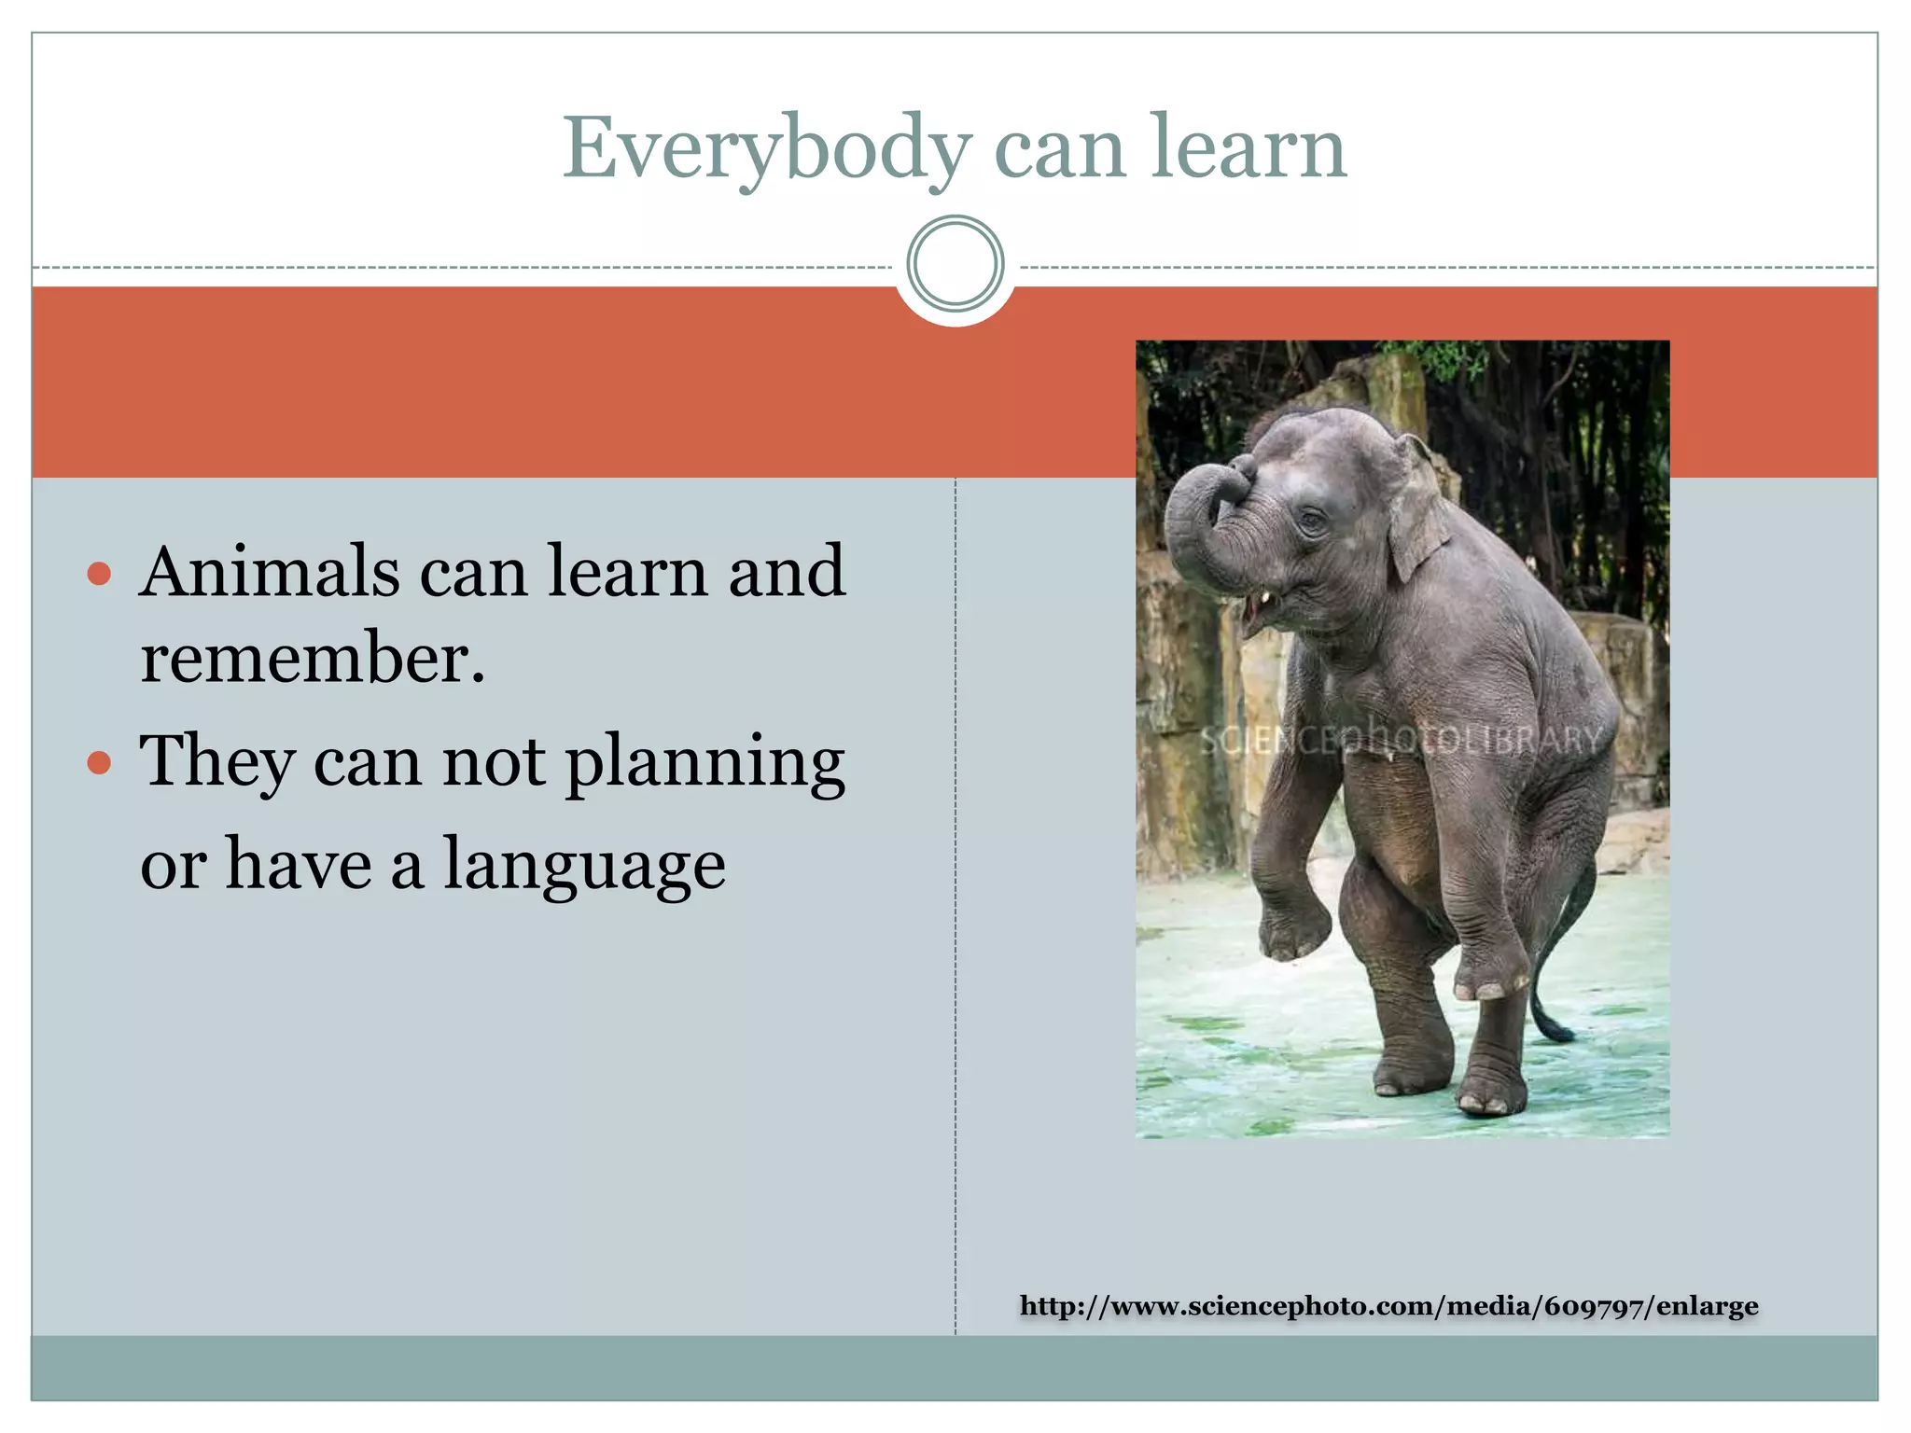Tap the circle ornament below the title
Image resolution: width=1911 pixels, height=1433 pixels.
(x=955, y=264)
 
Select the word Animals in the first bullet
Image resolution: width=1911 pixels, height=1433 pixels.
(x=270, y=572)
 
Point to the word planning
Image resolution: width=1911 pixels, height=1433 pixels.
(x=705, y=763)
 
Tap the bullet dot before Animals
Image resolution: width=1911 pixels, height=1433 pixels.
(x=99, y=573)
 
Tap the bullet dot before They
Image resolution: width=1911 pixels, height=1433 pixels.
(x=99, y=764)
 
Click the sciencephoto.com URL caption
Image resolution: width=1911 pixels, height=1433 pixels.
(x=1388, y=1306)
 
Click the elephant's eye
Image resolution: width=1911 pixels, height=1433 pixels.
(x=1312, y=521)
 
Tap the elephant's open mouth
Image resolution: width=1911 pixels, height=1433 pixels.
(x=1253, y=616)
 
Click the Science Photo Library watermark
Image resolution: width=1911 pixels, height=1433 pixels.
(x=1400, y=740)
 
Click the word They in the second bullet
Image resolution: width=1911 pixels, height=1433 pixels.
(x=216, y=763)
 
